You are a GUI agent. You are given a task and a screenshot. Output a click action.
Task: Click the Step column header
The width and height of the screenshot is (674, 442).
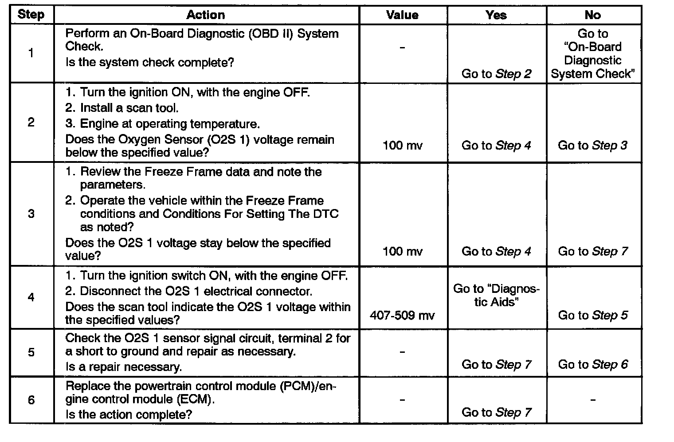(x=31, y=15)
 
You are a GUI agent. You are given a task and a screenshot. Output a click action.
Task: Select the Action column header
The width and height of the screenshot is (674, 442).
(x=205, y=15)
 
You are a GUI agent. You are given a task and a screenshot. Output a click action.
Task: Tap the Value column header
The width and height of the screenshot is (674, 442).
(x=402, y=15)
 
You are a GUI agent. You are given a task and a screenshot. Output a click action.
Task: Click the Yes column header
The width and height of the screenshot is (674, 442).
(x=496, y=15)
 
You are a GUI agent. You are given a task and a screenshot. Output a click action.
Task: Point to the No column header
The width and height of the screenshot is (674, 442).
(x=592, y=15)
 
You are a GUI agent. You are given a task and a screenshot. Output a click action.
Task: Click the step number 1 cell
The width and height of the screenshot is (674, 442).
(x=31, y=53)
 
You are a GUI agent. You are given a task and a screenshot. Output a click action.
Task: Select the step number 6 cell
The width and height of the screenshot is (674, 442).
(x=31, y=400)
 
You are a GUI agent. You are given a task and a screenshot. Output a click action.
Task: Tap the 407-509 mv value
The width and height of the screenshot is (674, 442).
(x=402, y=316)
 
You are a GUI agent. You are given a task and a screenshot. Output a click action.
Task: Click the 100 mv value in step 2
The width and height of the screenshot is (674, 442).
(x=402, y=145)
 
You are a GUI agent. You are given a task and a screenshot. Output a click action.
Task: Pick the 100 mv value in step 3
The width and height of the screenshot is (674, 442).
(x=402, y=252)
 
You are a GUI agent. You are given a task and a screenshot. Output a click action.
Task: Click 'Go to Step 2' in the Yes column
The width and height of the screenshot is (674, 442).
(x=496, y=74)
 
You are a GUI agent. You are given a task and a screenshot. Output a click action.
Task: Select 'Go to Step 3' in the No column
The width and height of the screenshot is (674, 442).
(x=592, y=145)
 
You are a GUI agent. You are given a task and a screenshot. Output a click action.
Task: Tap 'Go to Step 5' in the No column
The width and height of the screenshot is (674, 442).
(x=592, y=316)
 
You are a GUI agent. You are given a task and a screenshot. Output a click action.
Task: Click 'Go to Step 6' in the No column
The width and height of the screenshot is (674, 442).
(x=592, y=364)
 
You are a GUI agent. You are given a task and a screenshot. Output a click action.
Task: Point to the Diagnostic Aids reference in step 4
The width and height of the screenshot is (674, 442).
(x=496, y=296)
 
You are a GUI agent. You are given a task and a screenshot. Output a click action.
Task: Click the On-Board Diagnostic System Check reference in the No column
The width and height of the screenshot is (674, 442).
(x=592, y=54)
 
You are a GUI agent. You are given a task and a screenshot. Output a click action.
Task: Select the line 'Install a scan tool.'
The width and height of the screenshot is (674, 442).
(x=122, y=108)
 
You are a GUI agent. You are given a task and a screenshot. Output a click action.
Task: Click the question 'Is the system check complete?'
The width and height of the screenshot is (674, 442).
(x=149, y=62)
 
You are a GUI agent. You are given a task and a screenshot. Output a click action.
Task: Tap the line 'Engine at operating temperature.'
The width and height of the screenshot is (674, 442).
(x=162, y=123)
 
